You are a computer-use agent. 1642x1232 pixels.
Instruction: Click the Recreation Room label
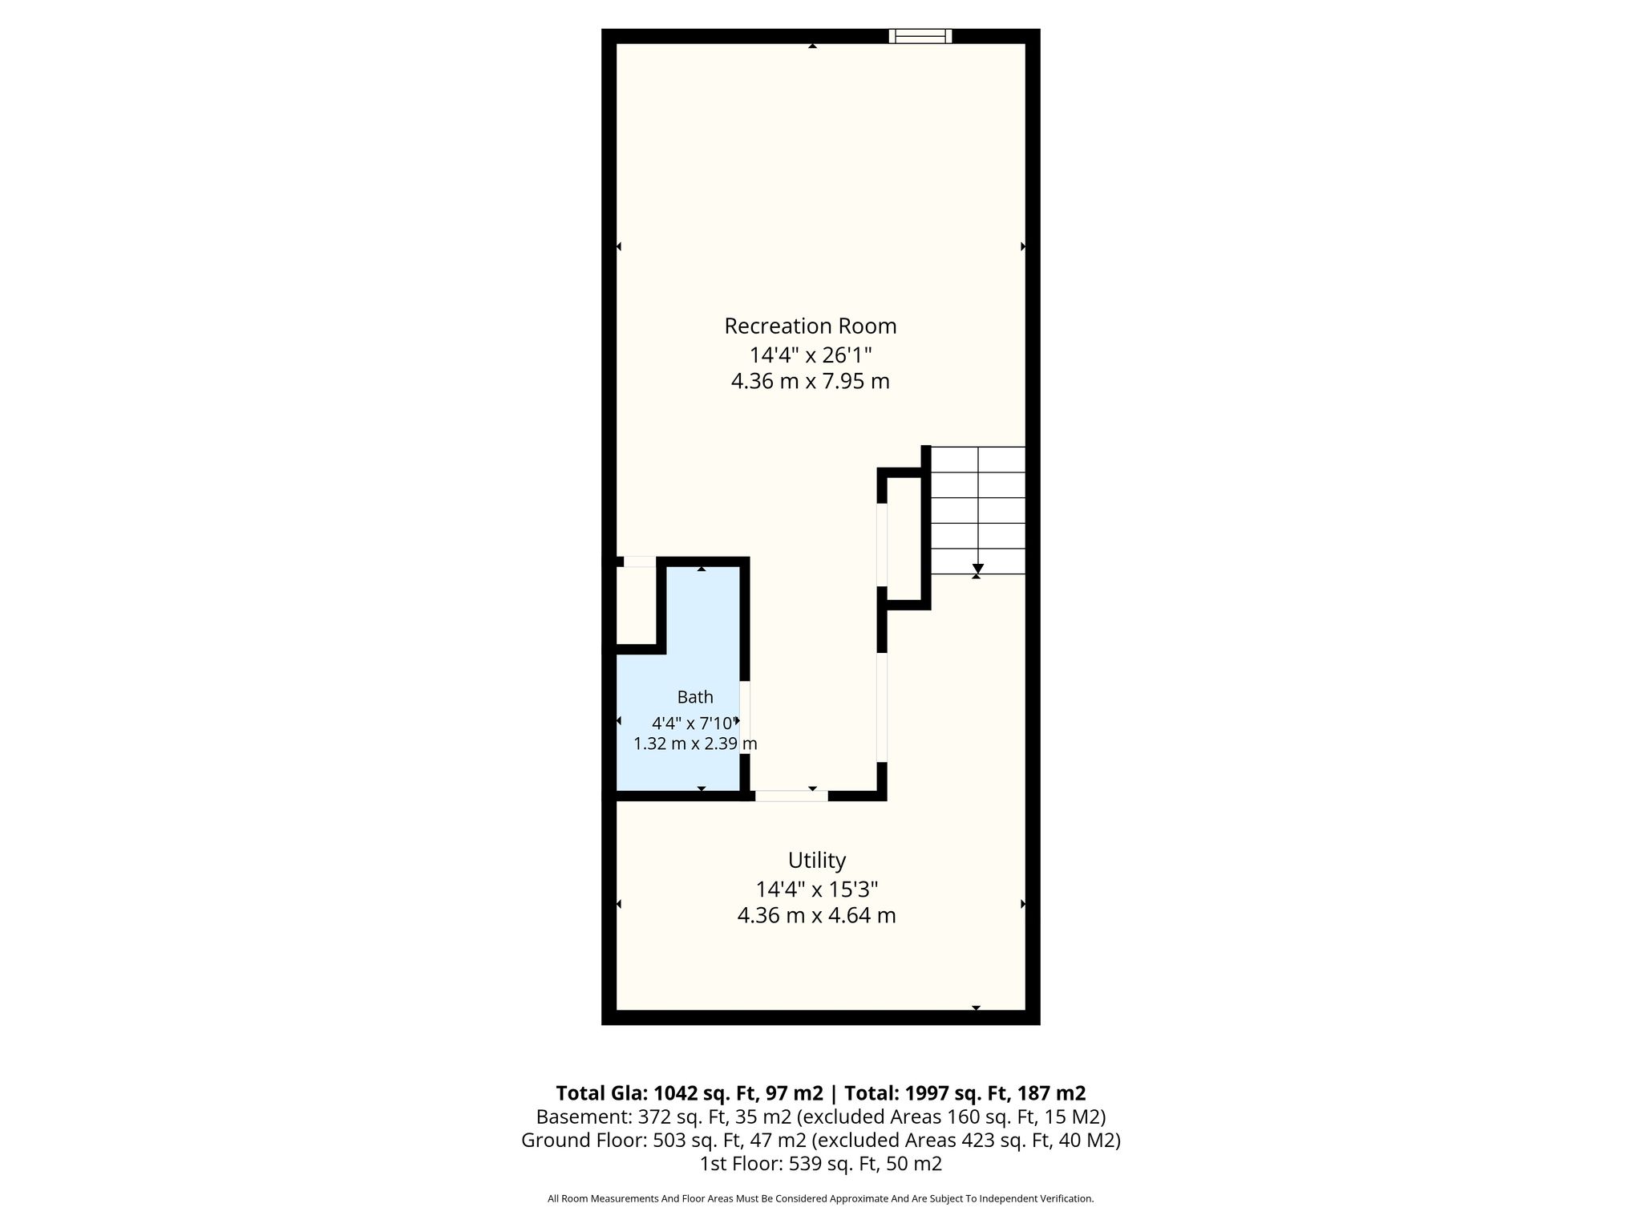pyautogui.click(x=811, y=326)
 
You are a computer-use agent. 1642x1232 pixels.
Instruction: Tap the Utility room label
pyautogui.click(x=817, y=861)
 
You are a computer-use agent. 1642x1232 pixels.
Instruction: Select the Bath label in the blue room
pyautogui.click(x=695, y=697)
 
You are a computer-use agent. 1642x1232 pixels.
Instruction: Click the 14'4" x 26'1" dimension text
pyautogui.click(x=811, y=355)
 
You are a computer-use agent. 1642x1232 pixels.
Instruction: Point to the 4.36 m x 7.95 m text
pyautogui.click(x=811, y=381)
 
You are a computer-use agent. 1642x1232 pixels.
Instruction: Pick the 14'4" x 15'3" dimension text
pyautogui.click(x=817, y=889)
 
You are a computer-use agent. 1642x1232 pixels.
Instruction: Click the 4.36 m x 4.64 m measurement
pyautogui.click(x=817, y=915)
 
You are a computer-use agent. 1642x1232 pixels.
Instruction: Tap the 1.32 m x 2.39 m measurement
pyautogui.click(x=695, y=744)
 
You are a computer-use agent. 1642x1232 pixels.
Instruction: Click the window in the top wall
pyautogui.click(x=920, y=35)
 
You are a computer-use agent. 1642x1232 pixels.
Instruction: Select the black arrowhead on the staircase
pyautogui.click(x=977, y=569)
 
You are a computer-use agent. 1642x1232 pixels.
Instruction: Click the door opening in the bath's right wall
pyautogui.click(x=745, y=717)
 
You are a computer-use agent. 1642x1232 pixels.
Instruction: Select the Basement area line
pyautogui.click(x=821, y=1116)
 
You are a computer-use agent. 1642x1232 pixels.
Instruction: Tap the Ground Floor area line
pyautogui.click(x=821, y=1140)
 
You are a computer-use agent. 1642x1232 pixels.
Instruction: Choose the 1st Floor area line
pyautogui.click(x=821, y=1164)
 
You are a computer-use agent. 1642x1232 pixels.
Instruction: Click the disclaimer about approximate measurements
pyautogui.click(x=821, y=1199)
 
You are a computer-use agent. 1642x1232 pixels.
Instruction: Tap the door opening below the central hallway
pyautogui.click(x=791, y=796)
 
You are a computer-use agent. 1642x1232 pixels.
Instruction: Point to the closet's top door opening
pyautogui.click(x=640, y=561)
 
